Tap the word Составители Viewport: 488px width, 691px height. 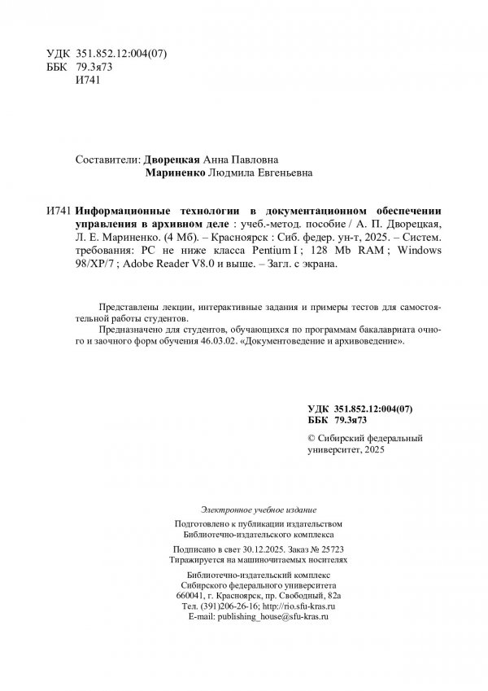pyautogui.click(x=106, y=160)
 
